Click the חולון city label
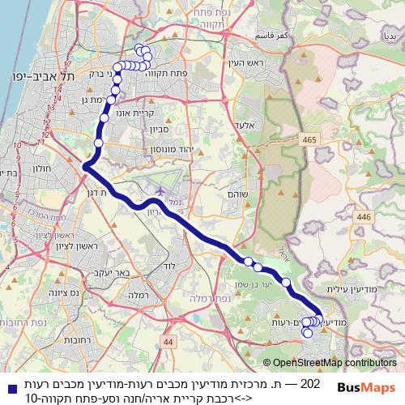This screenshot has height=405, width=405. pyautogui.click(x=42, y=170)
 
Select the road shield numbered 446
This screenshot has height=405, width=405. pyautogui.click(x=363, y=217)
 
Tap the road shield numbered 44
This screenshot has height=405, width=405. pyautogui.click(x=168, y=343)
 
